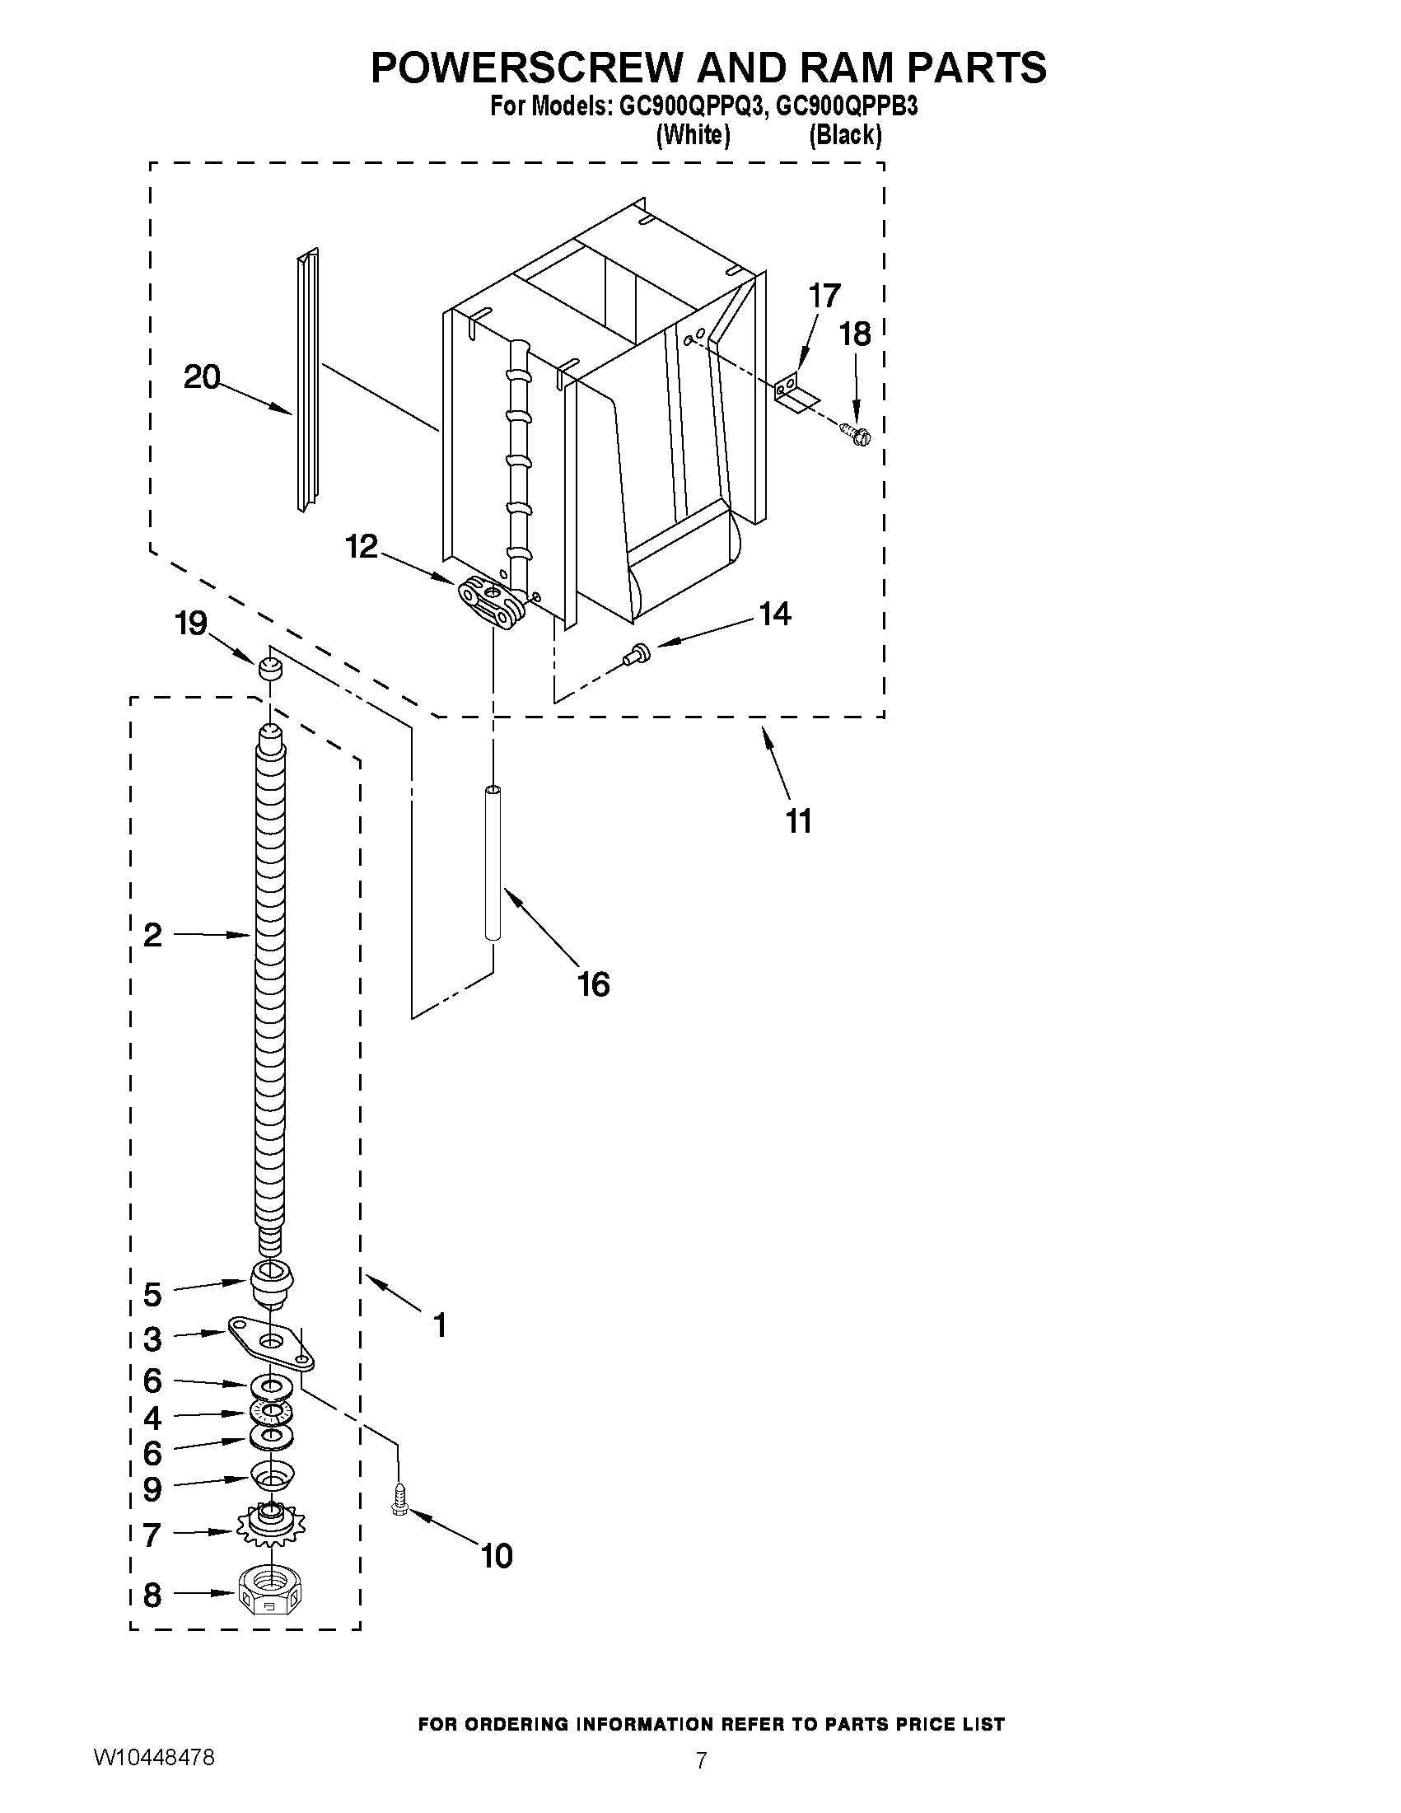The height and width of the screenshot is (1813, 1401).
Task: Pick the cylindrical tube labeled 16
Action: (493, 863)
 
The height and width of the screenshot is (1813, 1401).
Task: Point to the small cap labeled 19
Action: (268, 667)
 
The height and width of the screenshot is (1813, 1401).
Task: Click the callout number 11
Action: (798, 821)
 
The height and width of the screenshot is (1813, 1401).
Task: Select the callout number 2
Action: (152, 935)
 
